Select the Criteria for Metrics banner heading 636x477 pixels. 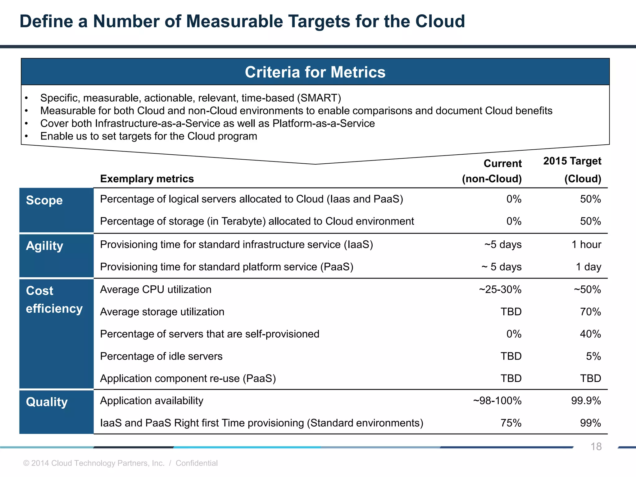pyautogui.click(x=315, y=72)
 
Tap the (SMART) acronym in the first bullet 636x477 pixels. pyautogui.click(x=319, y=98)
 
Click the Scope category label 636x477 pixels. pyautogui.click(x=44, y=200)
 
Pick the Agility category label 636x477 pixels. pyautogui.click(x=44, y=246)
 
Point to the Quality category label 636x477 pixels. pyautogui.click(x=47, y=402)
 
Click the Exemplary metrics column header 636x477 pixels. pyautogui.click(x=147, y=179)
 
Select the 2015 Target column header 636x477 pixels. pyautogui.click(x=572, y=161)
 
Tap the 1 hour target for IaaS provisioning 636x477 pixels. pyautogui.click(x=586, y=245)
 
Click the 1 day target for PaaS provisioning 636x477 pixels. pyautogui.click(x=588, y=267)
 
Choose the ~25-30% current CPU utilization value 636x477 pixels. pyautogui.click(x=500, y=290)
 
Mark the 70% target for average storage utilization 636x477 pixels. pyautogui.click(x=590, y=312)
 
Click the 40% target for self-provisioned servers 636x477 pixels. pyautogui.click(x=590, y=334)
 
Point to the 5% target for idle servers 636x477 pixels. pyautogui.click(x=593, y=356)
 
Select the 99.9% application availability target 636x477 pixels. pyautogui.click(x=586, y=401)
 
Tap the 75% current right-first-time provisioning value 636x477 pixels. pyautogui.click(x=511, y=423)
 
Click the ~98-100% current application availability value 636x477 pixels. pyautogui.click(x=497, y=401)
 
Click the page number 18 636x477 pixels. pyautogui.click(x=596, y=447)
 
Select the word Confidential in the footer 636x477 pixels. pyautogui.click(x=197, y=463)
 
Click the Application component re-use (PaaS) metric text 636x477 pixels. pyautogui.click(x=188, y=379)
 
